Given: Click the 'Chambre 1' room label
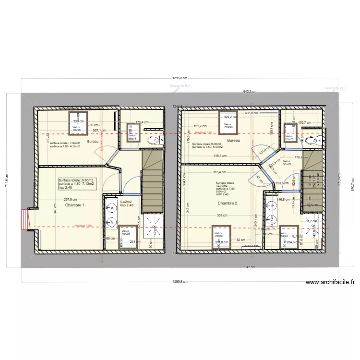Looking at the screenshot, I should click(x=75, y=205).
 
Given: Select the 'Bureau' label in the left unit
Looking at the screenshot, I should click(x=93, y=142).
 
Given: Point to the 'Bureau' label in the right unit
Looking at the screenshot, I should click(x=233, y=141).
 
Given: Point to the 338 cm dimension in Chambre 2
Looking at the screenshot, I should click(x=222, y=216).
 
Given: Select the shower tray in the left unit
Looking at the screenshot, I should click(x=153, y=223).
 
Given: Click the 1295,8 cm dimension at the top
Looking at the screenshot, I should click(x=180, y=78).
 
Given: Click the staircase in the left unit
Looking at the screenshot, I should click(x=153, y=178).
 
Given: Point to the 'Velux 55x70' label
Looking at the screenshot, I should click(x=287, y=163).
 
